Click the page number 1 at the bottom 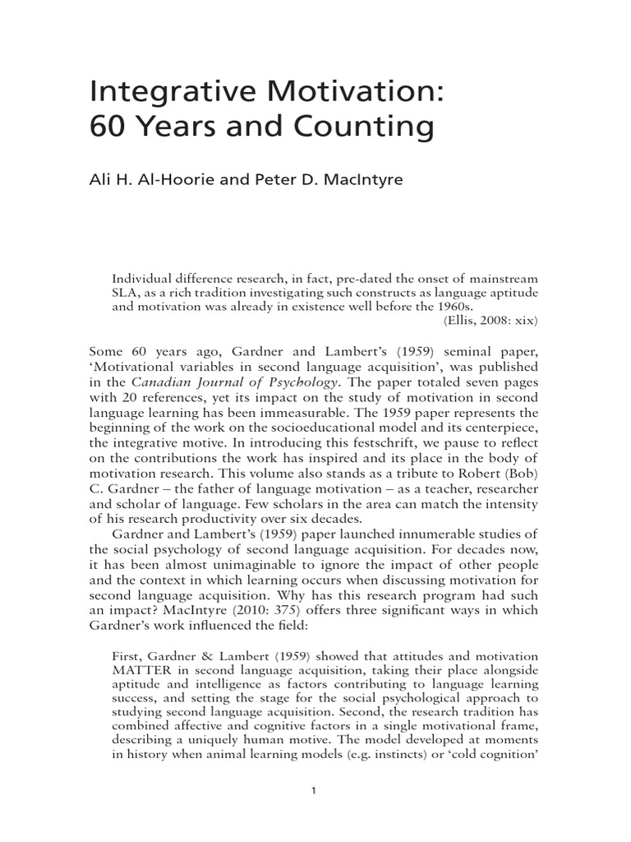coord(315,791)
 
